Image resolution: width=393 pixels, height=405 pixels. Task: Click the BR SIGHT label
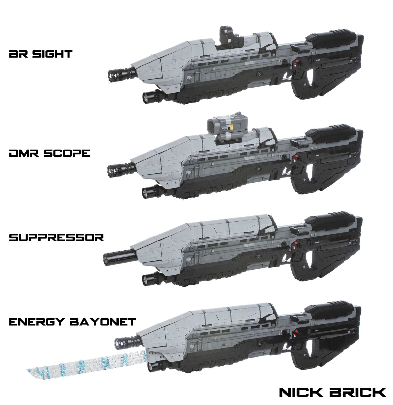[x=41, y=54]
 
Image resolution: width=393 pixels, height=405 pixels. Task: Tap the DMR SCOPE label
[x=50, y=153]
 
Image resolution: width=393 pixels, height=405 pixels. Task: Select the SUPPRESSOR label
[x=56, y=237]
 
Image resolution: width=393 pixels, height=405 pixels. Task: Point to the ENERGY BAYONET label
[x=72, y=321]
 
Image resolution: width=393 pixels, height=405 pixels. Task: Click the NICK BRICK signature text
[x=332, y=392]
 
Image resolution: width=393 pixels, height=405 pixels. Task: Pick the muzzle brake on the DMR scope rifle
[x=117, y=170]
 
